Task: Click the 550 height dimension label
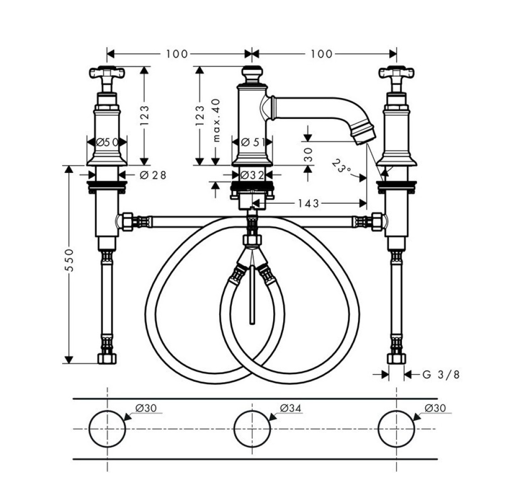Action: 71,260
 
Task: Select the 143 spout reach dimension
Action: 309,203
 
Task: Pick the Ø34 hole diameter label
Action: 290,408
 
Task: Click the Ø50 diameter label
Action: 107,142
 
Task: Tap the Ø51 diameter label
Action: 253,142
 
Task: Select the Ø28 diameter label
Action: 152,175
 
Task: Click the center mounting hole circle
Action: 252,429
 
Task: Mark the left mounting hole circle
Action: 107,429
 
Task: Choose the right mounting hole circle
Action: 396,429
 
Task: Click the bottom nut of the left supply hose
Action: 107,358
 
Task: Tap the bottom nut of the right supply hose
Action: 396,358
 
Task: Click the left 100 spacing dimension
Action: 176,54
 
